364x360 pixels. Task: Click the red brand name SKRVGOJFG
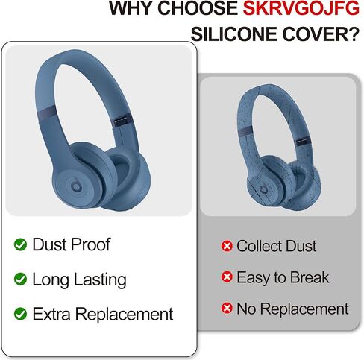coord(301,8)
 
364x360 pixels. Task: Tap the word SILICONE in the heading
coord(234,34)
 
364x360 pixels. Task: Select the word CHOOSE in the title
coord(198,8)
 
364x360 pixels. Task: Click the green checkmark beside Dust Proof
coord(20,244)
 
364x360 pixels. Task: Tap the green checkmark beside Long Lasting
coord(20,279)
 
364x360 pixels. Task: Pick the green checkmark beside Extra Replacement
coord(20,314)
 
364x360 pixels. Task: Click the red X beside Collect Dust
coord(227,246)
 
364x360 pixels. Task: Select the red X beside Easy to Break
coord(227,277)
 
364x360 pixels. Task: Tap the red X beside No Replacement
coord(227,309)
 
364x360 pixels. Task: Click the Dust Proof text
coord(72,244)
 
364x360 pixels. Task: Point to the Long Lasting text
coord(80,280)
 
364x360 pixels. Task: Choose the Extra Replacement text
coord(103,314)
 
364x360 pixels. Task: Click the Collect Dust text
coord(277,246)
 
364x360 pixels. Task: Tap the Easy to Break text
coord(283,278)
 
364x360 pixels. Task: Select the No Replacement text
coord(292,309)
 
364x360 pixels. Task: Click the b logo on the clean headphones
coord(75,185)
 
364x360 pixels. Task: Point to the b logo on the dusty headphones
coord(263,189)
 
